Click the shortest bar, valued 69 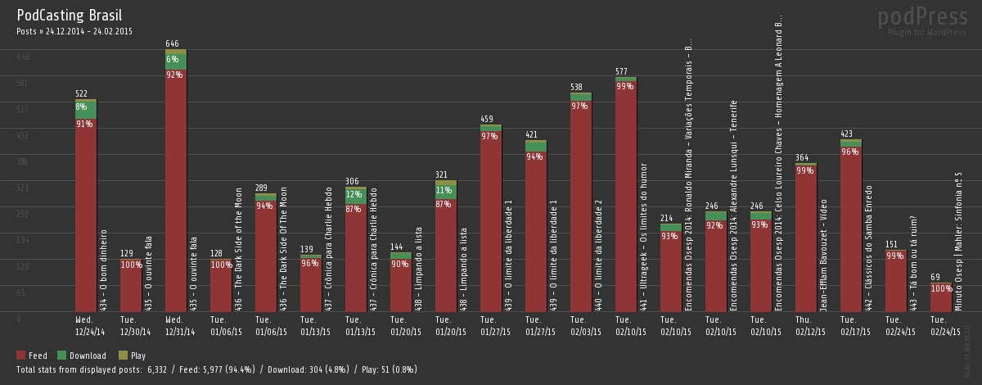point(941,298)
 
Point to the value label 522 point(82,93)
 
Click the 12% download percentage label point(354,194)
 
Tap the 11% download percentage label point(444,190)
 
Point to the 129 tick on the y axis point(22,266)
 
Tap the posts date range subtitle point(74,31)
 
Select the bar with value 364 point(806,238)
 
